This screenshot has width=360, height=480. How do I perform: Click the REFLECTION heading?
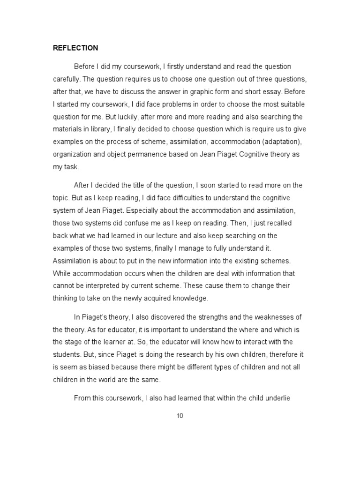[x=75, y=48]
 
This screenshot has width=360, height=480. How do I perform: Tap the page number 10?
[x=180, y=415]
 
